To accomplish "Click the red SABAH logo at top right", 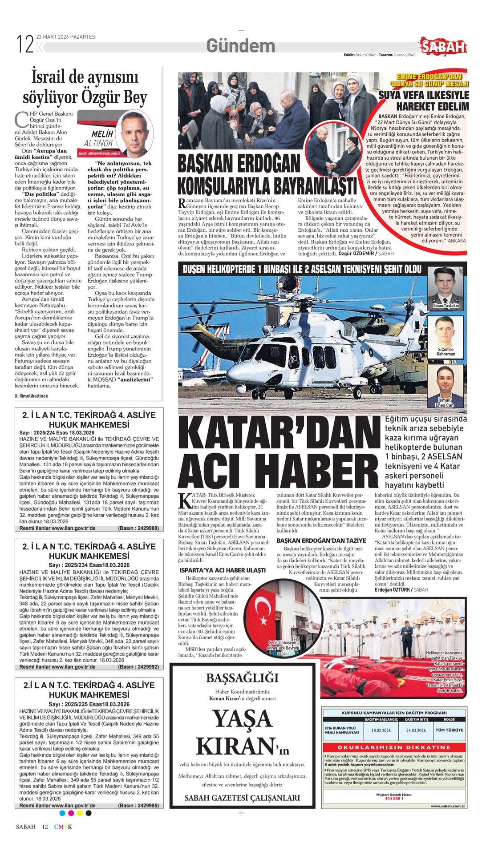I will point(443,46).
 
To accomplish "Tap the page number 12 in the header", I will point(25,44).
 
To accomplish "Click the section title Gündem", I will point(240,46).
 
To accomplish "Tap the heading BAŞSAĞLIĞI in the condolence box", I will point(242,678).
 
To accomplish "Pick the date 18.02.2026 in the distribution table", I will point(381,730).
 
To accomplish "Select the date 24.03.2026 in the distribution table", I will point(416,730).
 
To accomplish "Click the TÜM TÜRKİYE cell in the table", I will point(449,730).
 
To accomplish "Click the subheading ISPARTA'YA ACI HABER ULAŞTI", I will point(223,570).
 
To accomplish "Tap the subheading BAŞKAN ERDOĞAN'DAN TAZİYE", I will point(321,540).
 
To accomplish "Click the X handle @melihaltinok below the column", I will point(31,395).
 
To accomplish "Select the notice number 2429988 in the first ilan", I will point(146,528).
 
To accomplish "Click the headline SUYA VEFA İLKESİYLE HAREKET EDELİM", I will point(423,101).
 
